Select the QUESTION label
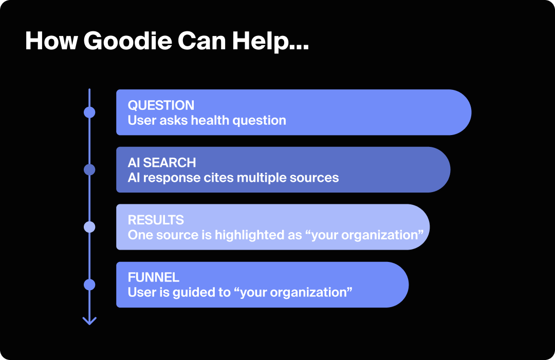[161, 105]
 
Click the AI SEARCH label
[162, 163]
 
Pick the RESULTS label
[156, 220]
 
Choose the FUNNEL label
[154, 277]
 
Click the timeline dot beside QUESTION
[89, 112]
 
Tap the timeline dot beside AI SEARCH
[89, 169]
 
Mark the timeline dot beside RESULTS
[89, 227]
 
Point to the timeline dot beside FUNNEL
[89, 285]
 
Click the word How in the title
[50, 41]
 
